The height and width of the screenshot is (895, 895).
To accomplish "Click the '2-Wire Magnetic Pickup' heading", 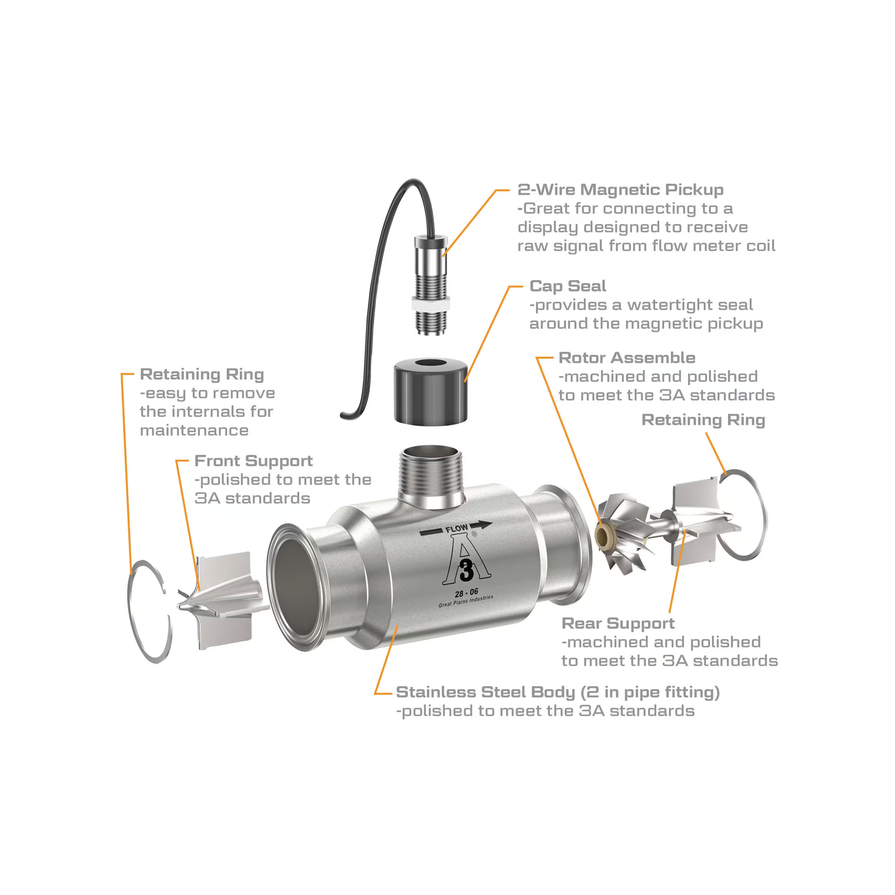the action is coord(620,189).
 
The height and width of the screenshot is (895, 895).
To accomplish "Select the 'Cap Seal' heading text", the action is coord(568,286).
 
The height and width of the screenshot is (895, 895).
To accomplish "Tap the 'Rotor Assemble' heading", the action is coord(627,358).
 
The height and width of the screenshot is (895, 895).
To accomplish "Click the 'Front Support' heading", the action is coord(254,461).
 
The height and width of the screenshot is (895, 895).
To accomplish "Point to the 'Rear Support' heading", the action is coord(618,623).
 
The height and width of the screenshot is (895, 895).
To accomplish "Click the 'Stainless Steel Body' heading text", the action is coord(486,692).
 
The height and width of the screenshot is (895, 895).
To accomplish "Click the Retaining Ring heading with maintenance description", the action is coord(202,374).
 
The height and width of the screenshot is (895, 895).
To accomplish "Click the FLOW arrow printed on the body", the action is coord(456,528).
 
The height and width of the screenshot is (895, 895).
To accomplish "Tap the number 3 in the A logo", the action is coord(467,570).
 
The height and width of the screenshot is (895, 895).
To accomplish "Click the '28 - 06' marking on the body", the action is coord(467,593).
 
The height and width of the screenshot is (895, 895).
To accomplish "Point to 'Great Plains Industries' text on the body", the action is coord(466,601).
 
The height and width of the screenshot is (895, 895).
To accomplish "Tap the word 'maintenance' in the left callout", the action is coord(194,430).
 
